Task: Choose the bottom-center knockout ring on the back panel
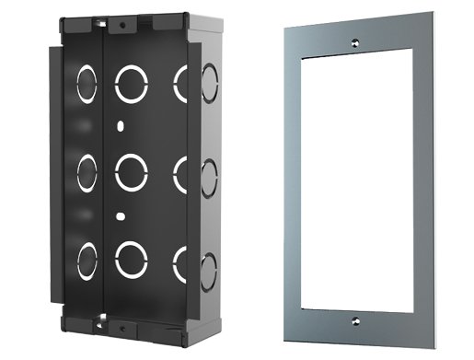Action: point(131,260)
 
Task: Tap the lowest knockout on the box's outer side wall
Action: point(208,268)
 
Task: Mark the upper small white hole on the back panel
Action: point(121,122)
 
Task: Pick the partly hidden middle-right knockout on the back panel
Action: point(179,172)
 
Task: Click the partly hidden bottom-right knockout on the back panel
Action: point(181,261)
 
